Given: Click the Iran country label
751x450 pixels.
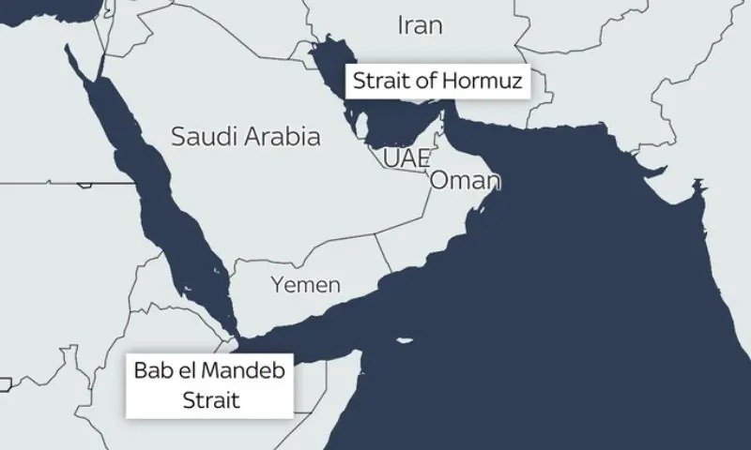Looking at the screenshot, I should [420, 25].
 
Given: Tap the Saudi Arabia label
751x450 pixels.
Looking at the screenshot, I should [245, 137].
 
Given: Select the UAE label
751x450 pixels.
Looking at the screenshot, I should [406, 157].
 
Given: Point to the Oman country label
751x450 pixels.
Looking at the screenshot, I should [464, 181].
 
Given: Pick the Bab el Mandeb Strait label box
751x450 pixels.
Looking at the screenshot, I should [211, 384].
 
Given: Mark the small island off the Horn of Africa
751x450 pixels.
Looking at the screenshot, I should [405, 340].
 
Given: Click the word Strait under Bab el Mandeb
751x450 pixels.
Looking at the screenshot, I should [211, 399].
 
